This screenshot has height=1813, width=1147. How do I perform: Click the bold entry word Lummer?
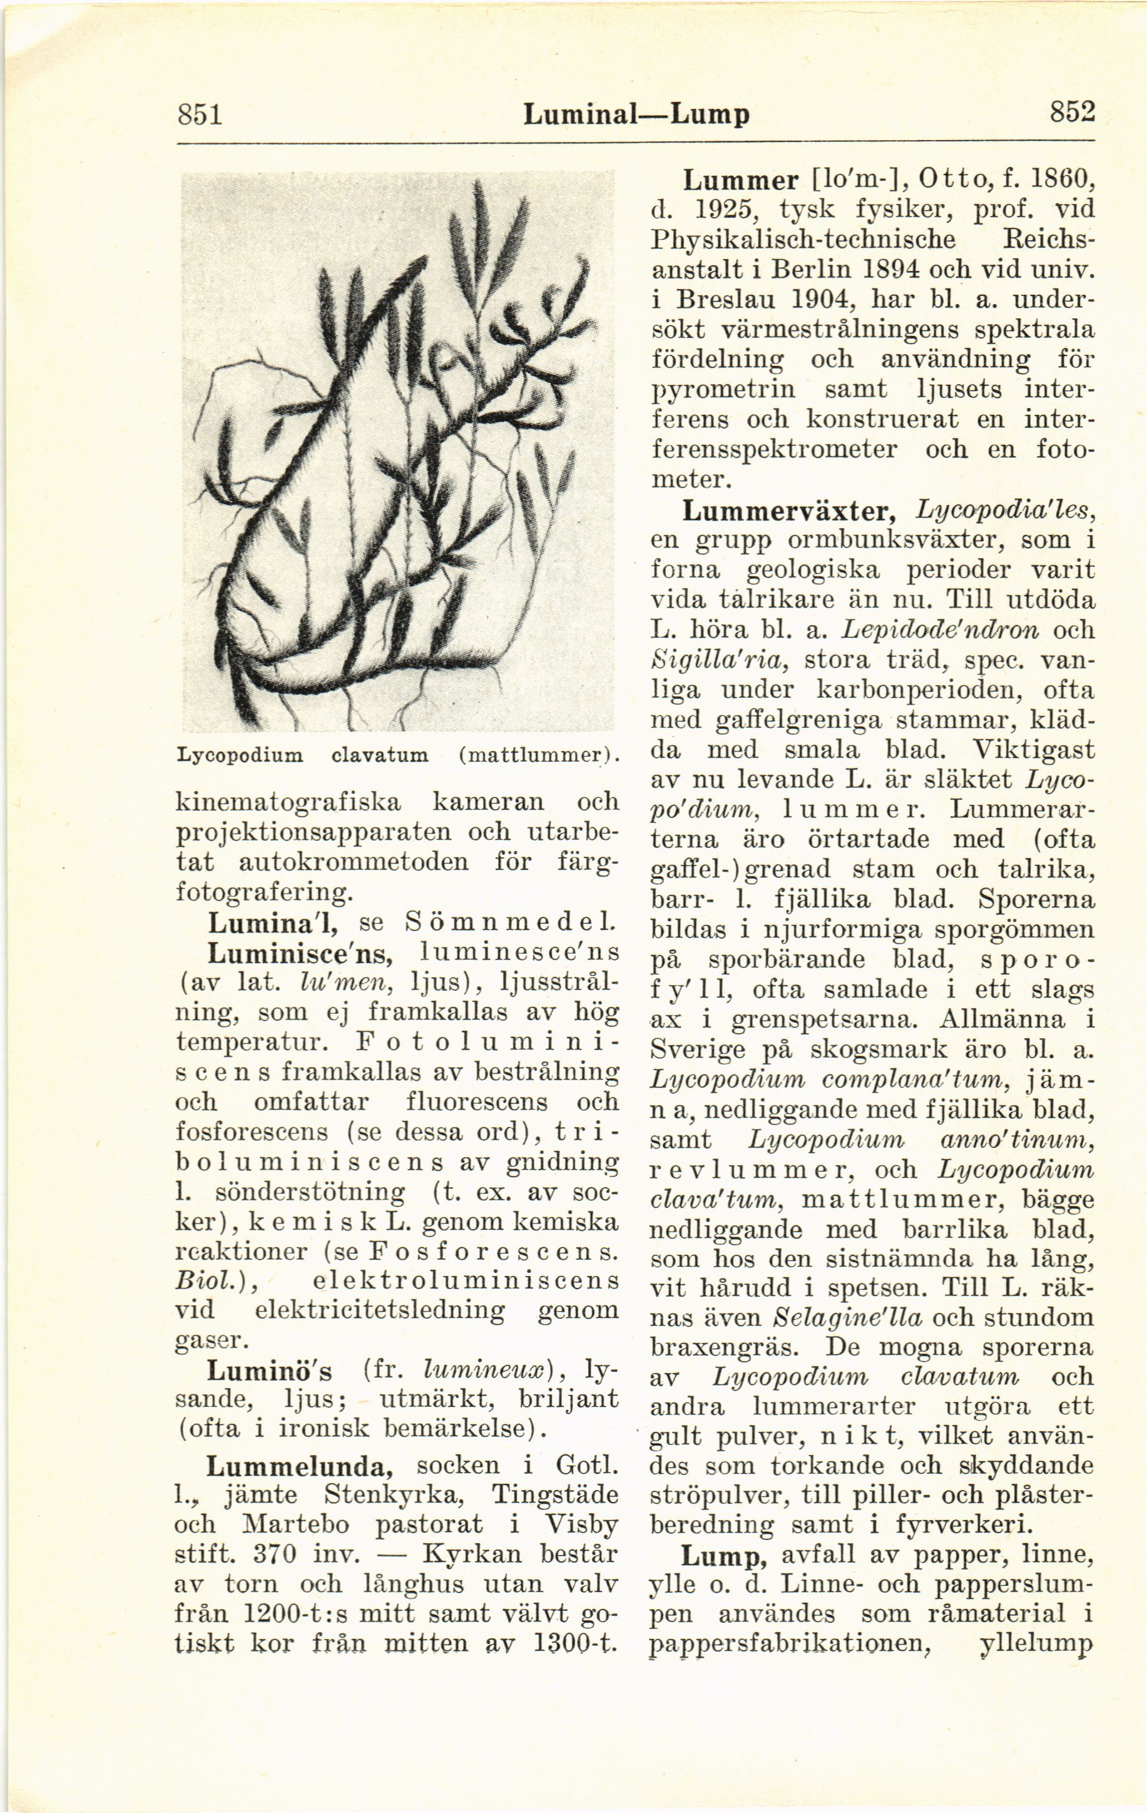741,181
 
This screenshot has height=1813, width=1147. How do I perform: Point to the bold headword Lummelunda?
298,1466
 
